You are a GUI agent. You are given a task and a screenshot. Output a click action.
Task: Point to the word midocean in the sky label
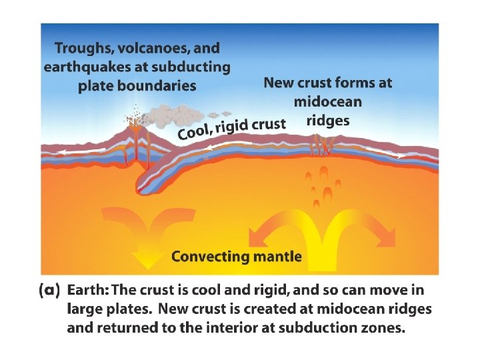[328, 102]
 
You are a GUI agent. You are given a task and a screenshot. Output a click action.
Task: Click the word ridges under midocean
[328, 121]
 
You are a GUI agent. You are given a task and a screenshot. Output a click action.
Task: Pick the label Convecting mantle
[237, 256]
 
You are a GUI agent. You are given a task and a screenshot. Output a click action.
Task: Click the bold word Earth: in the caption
[89, 291]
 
